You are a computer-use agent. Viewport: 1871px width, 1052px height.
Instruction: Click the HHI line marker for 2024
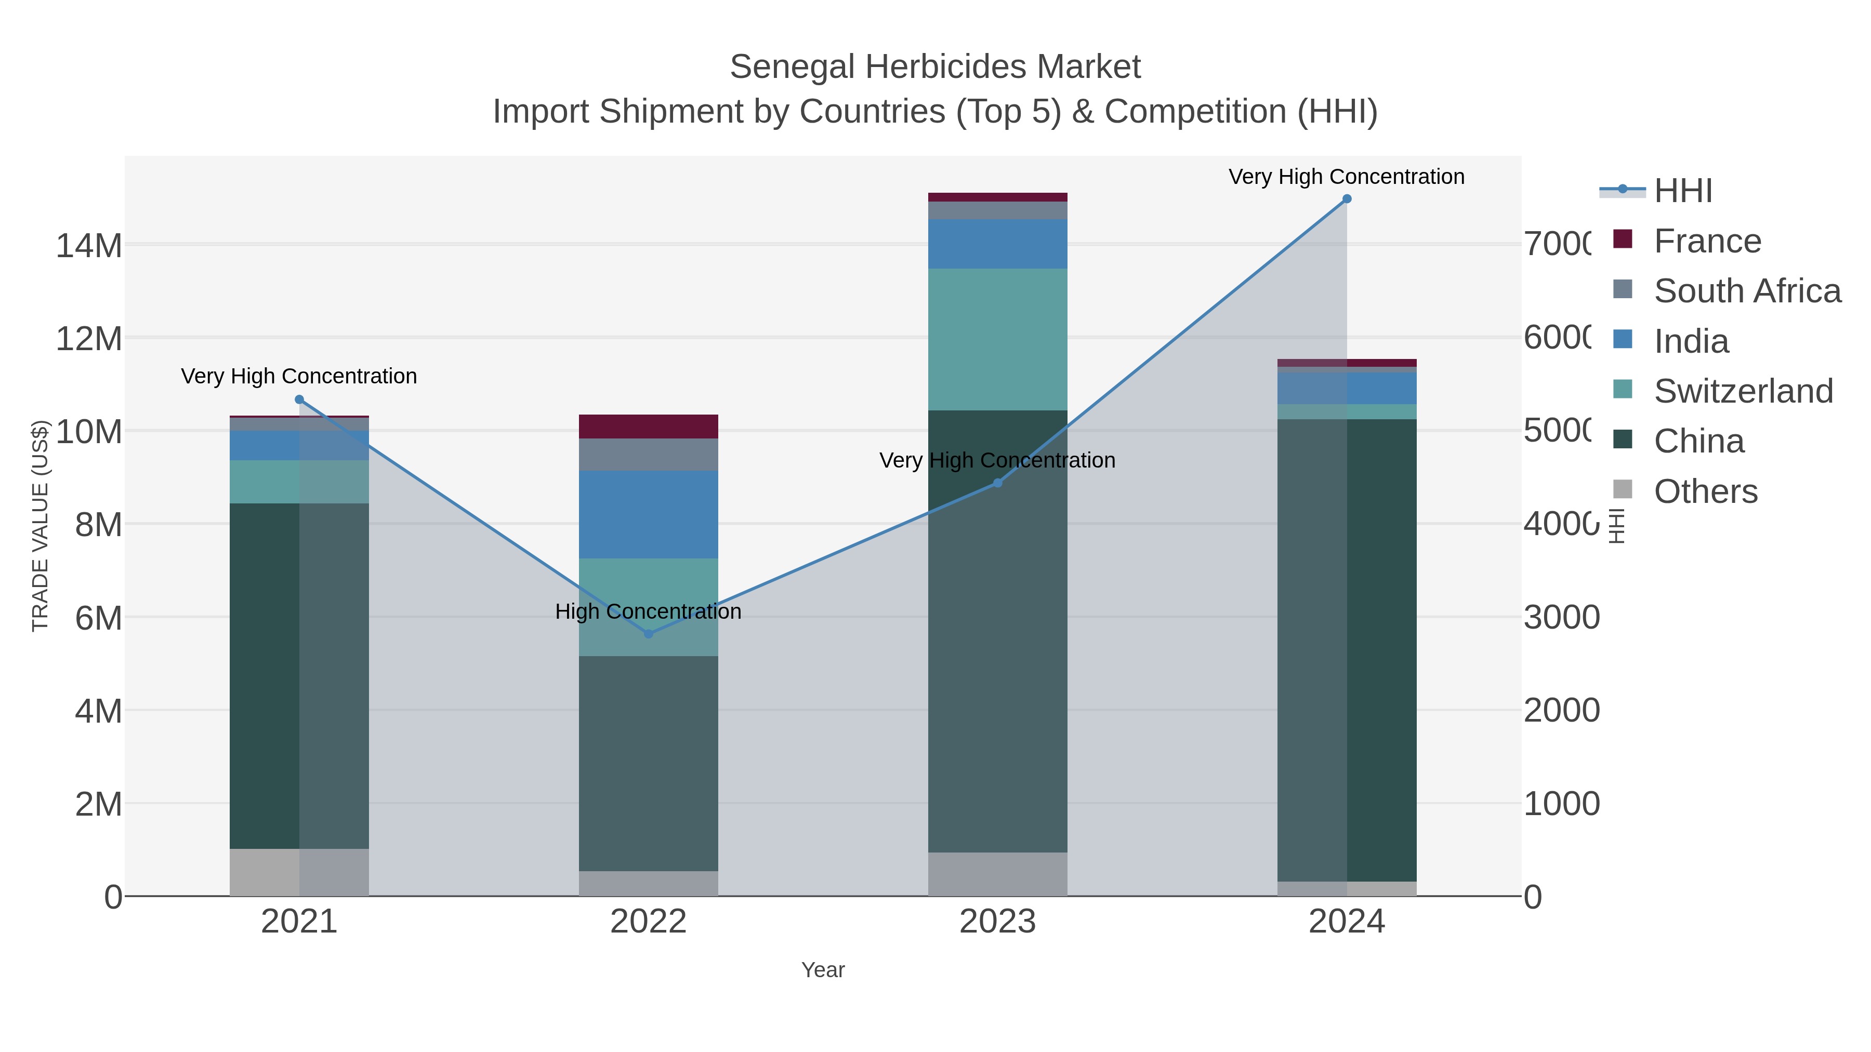[1347, 199]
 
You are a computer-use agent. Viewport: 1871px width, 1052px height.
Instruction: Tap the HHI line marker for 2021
[299, 400]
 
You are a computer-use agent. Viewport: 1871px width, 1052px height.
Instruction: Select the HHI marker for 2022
[649, 634]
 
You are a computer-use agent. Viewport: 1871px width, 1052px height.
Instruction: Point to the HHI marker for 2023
[997, 483]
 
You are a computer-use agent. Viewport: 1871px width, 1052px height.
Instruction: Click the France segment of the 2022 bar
[648, 426]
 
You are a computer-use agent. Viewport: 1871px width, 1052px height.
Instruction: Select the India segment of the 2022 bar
[648, 514]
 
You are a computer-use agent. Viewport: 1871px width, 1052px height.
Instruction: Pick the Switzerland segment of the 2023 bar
[997, 339]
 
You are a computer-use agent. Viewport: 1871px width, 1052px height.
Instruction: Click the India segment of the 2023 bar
[997, 244]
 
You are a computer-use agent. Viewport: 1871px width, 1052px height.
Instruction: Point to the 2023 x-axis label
[997, 922]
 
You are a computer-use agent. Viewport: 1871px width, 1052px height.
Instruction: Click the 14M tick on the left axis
[88, 245]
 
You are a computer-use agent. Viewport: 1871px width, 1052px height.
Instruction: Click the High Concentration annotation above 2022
[648, 611]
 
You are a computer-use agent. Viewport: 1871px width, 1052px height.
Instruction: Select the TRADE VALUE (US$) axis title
[41, 526]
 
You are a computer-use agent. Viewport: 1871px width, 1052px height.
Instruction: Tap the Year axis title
[823, 970]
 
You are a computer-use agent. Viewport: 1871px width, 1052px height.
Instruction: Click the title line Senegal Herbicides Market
[935, 67]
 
